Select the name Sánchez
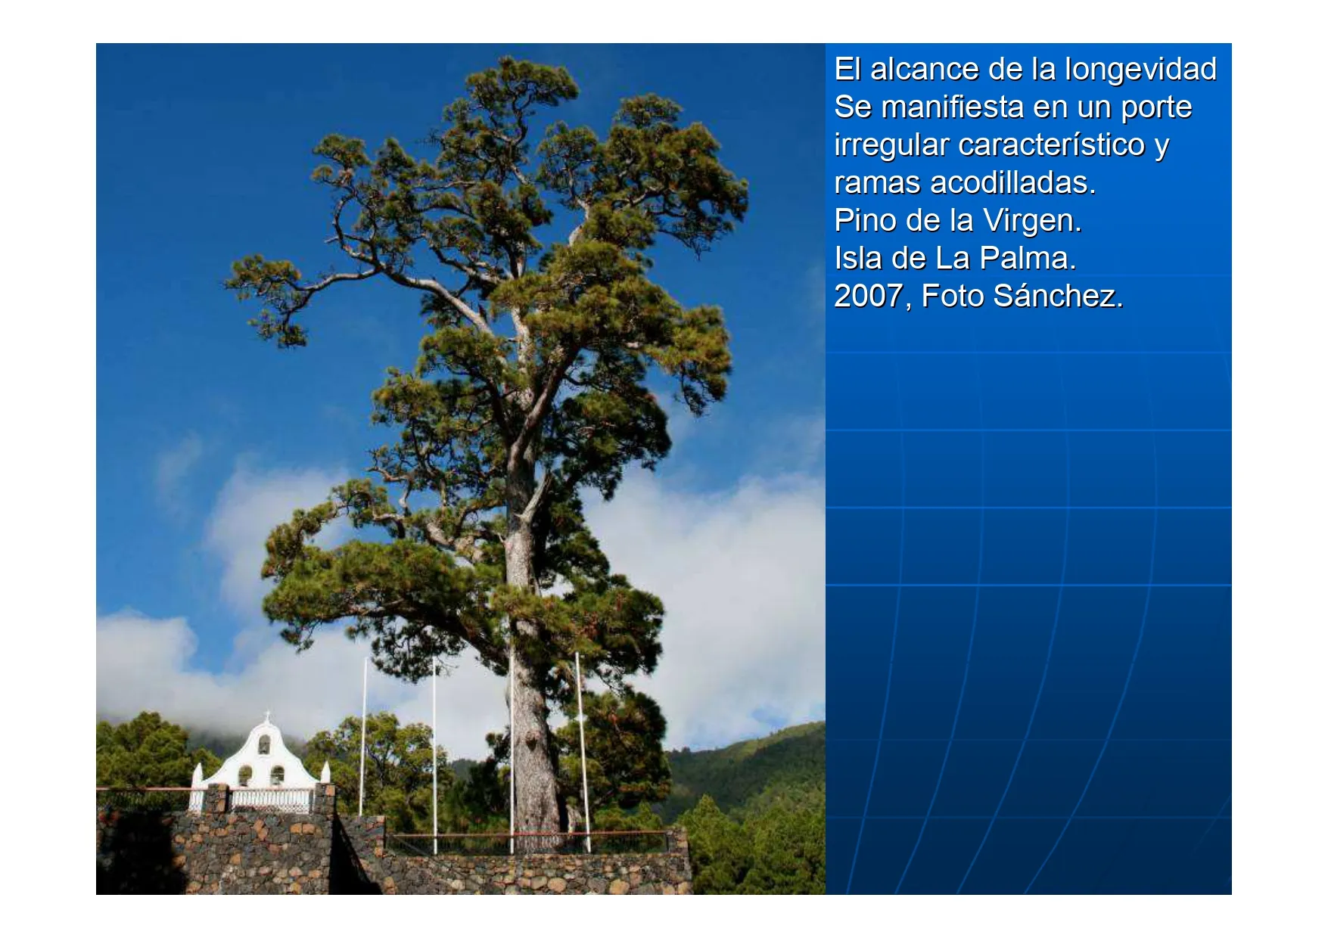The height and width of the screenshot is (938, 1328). (1058, 296)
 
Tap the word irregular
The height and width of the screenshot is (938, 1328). (891, 145)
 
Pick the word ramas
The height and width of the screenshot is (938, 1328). (878, 182)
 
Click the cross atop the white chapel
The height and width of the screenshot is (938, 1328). (266, 716)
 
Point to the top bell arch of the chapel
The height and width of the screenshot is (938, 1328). (264, 745)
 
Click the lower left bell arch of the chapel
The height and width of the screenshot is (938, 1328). (245, 776)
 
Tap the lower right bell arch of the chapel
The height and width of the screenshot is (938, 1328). (277, 776)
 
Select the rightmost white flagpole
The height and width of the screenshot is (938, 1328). (583, 753)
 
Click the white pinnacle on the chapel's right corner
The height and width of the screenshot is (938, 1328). (325, 772)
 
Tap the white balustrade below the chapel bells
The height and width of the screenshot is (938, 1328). (270, 800)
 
